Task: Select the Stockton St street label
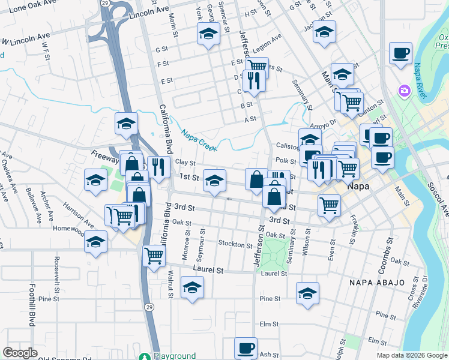click(235, 245)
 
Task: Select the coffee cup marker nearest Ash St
click(246, 348)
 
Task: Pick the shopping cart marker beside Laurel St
click(154, 256)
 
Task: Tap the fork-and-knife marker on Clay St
click(158, 166)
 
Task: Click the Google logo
click(20, 353)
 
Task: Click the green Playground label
click(174, 356)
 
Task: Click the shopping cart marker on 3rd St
click(330, 206)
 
